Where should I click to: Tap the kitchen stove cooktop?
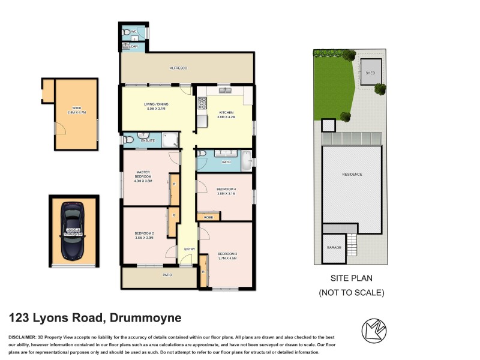[x=202, y=103]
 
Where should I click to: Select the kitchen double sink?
[x=226, y=91]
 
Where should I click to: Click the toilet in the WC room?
[x=125, y=32]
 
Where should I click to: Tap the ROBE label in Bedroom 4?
[x=208, y=217]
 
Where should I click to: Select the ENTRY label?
[x=190, y=249]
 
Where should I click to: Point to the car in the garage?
[x=73, y=230]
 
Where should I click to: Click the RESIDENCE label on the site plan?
[x=352, y=175]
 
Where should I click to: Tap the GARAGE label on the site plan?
[x=334, y=247]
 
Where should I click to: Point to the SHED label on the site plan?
[x=370, y=73]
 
